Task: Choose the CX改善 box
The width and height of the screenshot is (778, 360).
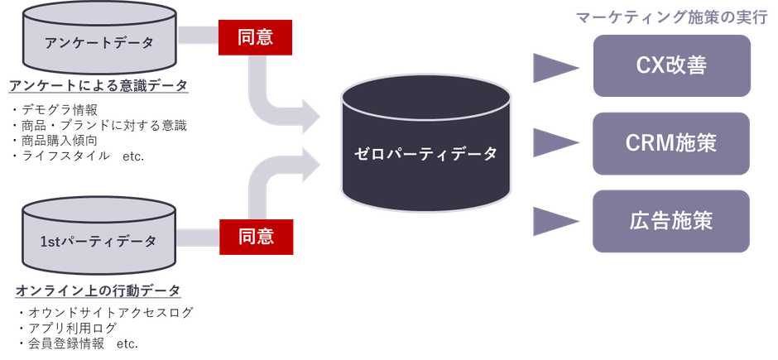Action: pos(670,65)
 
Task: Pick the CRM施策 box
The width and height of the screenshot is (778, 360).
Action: pos(670,143)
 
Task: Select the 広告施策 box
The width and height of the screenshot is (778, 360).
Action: pos(670,221)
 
